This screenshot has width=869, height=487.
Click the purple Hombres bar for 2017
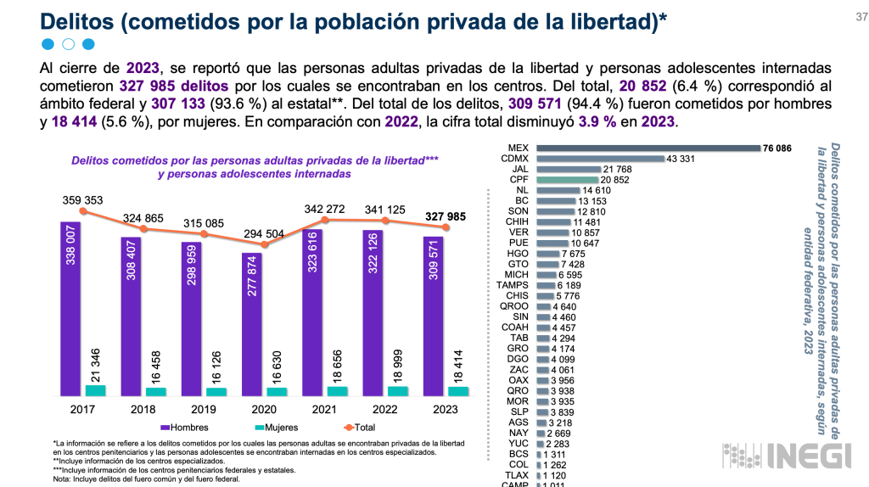coord(70,309)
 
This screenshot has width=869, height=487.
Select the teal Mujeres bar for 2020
coord(277,392)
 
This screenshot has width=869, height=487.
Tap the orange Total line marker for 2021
coord(325,220)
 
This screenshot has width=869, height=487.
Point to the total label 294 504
coord(264,234)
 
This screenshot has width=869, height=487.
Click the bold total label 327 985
coord(446,216)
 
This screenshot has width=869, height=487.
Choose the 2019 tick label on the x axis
coord(204,410)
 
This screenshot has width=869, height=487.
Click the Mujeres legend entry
coord(276,428)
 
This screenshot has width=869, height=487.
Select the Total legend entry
coord(359,428)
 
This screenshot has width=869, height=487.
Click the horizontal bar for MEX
coord(648,148)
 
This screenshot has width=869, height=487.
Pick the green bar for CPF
coord(568,180)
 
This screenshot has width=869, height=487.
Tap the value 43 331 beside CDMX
coord(681,159)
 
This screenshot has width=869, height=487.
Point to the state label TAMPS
coord(512,285)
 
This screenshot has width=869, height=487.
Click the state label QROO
coord(514,306)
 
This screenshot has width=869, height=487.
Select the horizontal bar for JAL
coord(569,169)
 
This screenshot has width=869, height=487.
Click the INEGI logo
coord(787,456)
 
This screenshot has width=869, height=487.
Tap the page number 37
coord(862,17)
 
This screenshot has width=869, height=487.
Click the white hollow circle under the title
coord(68,44)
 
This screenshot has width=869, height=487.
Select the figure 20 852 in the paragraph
coord(642,86)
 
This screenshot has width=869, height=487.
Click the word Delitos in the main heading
coord(76,21)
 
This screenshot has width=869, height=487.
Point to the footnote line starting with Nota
coord(146,479)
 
